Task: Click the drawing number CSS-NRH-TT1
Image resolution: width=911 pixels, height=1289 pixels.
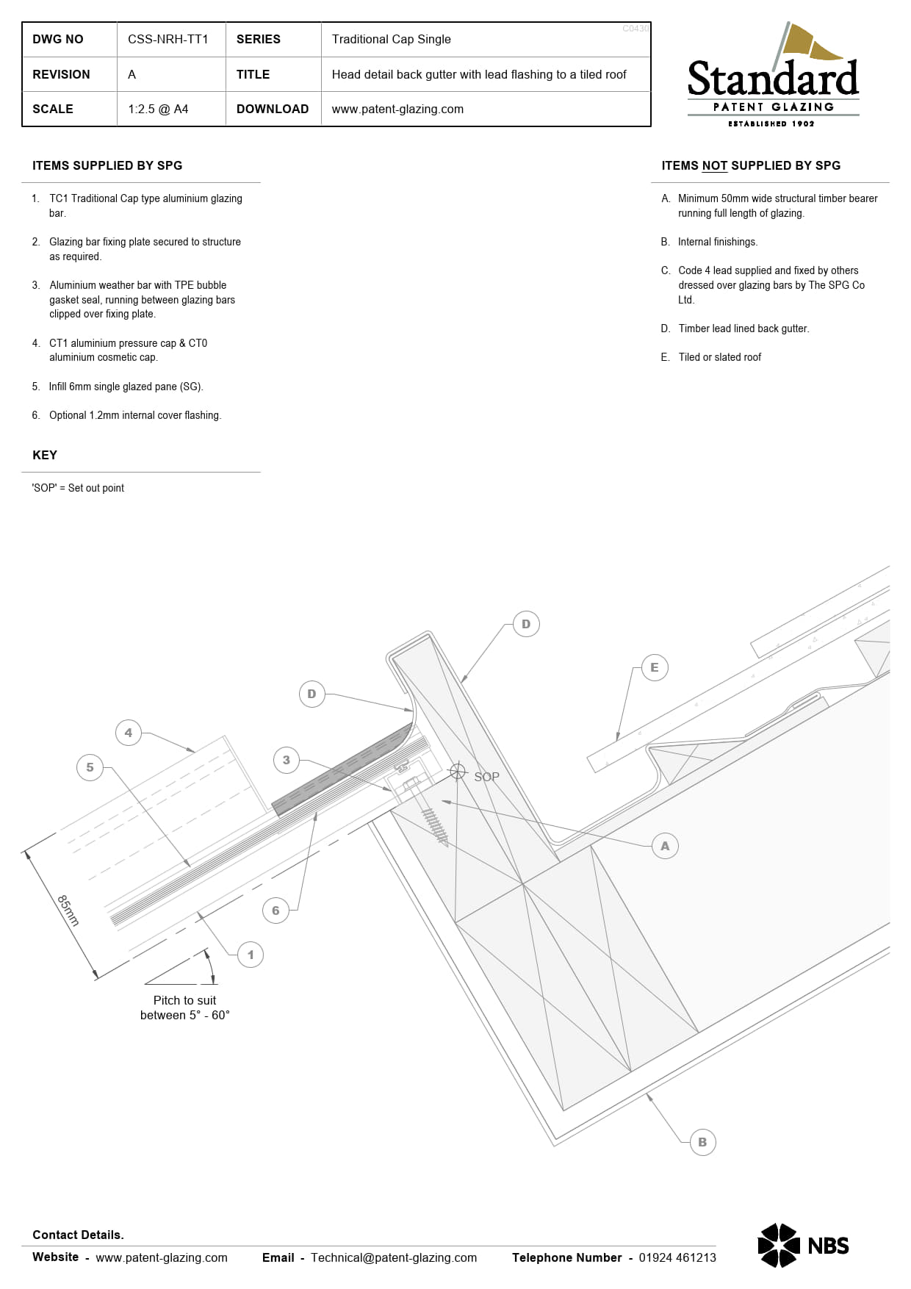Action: pyautogui.click(x=168, y=39)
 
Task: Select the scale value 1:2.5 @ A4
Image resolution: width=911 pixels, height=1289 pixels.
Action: pyautogui.click(x=158, y=109)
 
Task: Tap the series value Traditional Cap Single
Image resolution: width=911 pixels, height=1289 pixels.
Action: pyautogui.click(x=391, y=39)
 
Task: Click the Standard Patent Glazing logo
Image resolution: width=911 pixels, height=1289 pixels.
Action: pyautogui.click(x=773, y=75)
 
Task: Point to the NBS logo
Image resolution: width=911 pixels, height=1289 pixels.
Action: pyautogui.click(x=803, y=1246)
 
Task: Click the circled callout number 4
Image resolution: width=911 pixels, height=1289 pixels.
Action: pyautogui.click(x=129, y=733)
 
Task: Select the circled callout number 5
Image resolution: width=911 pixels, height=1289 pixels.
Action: pyautogui.click(x=90, y=767)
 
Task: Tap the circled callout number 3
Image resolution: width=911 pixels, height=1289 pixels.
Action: pyautogui.click(x=287, y=760)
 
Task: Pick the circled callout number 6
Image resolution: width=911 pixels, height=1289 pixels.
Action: pyautogui.click(x=276, y=911)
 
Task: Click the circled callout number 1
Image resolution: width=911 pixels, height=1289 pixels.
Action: pyautogui.click(x=251, y=955)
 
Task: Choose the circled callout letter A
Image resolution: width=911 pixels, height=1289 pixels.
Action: pyautogui.click(x=665, y=846)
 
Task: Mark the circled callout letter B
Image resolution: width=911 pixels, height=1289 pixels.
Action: pyautogui.click(x=702, y=1142)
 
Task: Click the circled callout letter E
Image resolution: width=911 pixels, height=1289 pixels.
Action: pyautogui.click(x=654, y=667)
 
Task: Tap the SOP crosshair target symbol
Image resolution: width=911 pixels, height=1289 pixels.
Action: pyautogui.click(x=458, y=771)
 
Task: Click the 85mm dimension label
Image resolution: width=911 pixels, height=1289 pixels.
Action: pyautogui.click(x=68, y=910)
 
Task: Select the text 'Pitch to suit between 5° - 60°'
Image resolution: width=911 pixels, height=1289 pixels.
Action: pyautogui.click(x=185, y=1008)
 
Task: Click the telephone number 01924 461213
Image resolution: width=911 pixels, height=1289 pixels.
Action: pyautogui.click(x=677, y=1257)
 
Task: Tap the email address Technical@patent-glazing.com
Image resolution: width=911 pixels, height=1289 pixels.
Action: pyautogui.click(x=394, y=1257)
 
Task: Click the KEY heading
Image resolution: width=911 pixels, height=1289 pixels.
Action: pyautogui.click(x=45, y=455)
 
